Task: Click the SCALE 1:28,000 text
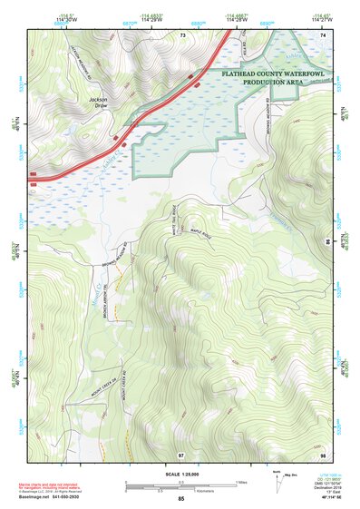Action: click(180, 475)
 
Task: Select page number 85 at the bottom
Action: click(181, 499)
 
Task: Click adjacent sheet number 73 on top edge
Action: click(182, 34)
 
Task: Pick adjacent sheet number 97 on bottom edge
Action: click(182, 452)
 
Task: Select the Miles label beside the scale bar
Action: click(242, 482)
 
